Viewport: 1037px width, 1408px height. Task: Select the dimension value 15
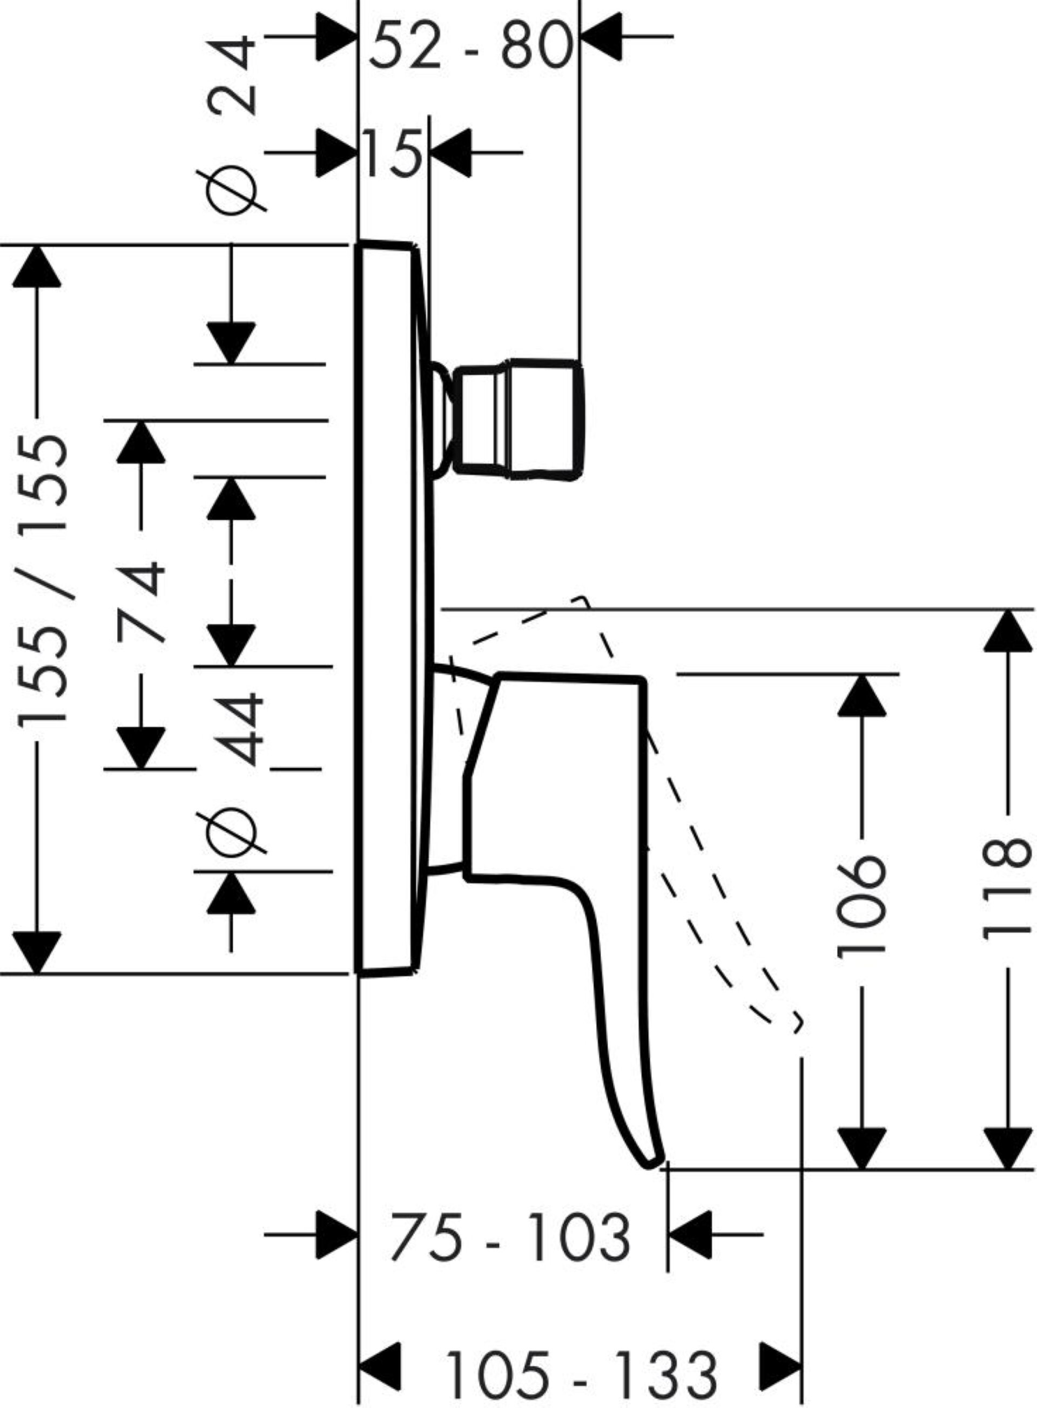pyautogui.click(x=392, y=153)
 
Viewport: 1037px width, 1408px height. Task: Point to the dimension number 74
pyautogui.click(x=142, y=603)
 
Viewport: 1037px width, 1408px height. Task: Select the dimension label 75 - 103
pyautogui.click(x=510, y=1236)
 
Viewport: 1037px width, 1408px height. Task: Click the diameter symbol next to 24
pyautogui.click(x=231, y=191)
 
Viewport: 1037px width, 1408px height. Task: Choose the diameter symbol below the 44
pyautogui.click(x=231, y=832)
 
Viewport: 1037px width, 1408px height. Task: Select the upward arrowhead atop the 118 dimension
pyautogui.click(x=1007, y=630)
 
